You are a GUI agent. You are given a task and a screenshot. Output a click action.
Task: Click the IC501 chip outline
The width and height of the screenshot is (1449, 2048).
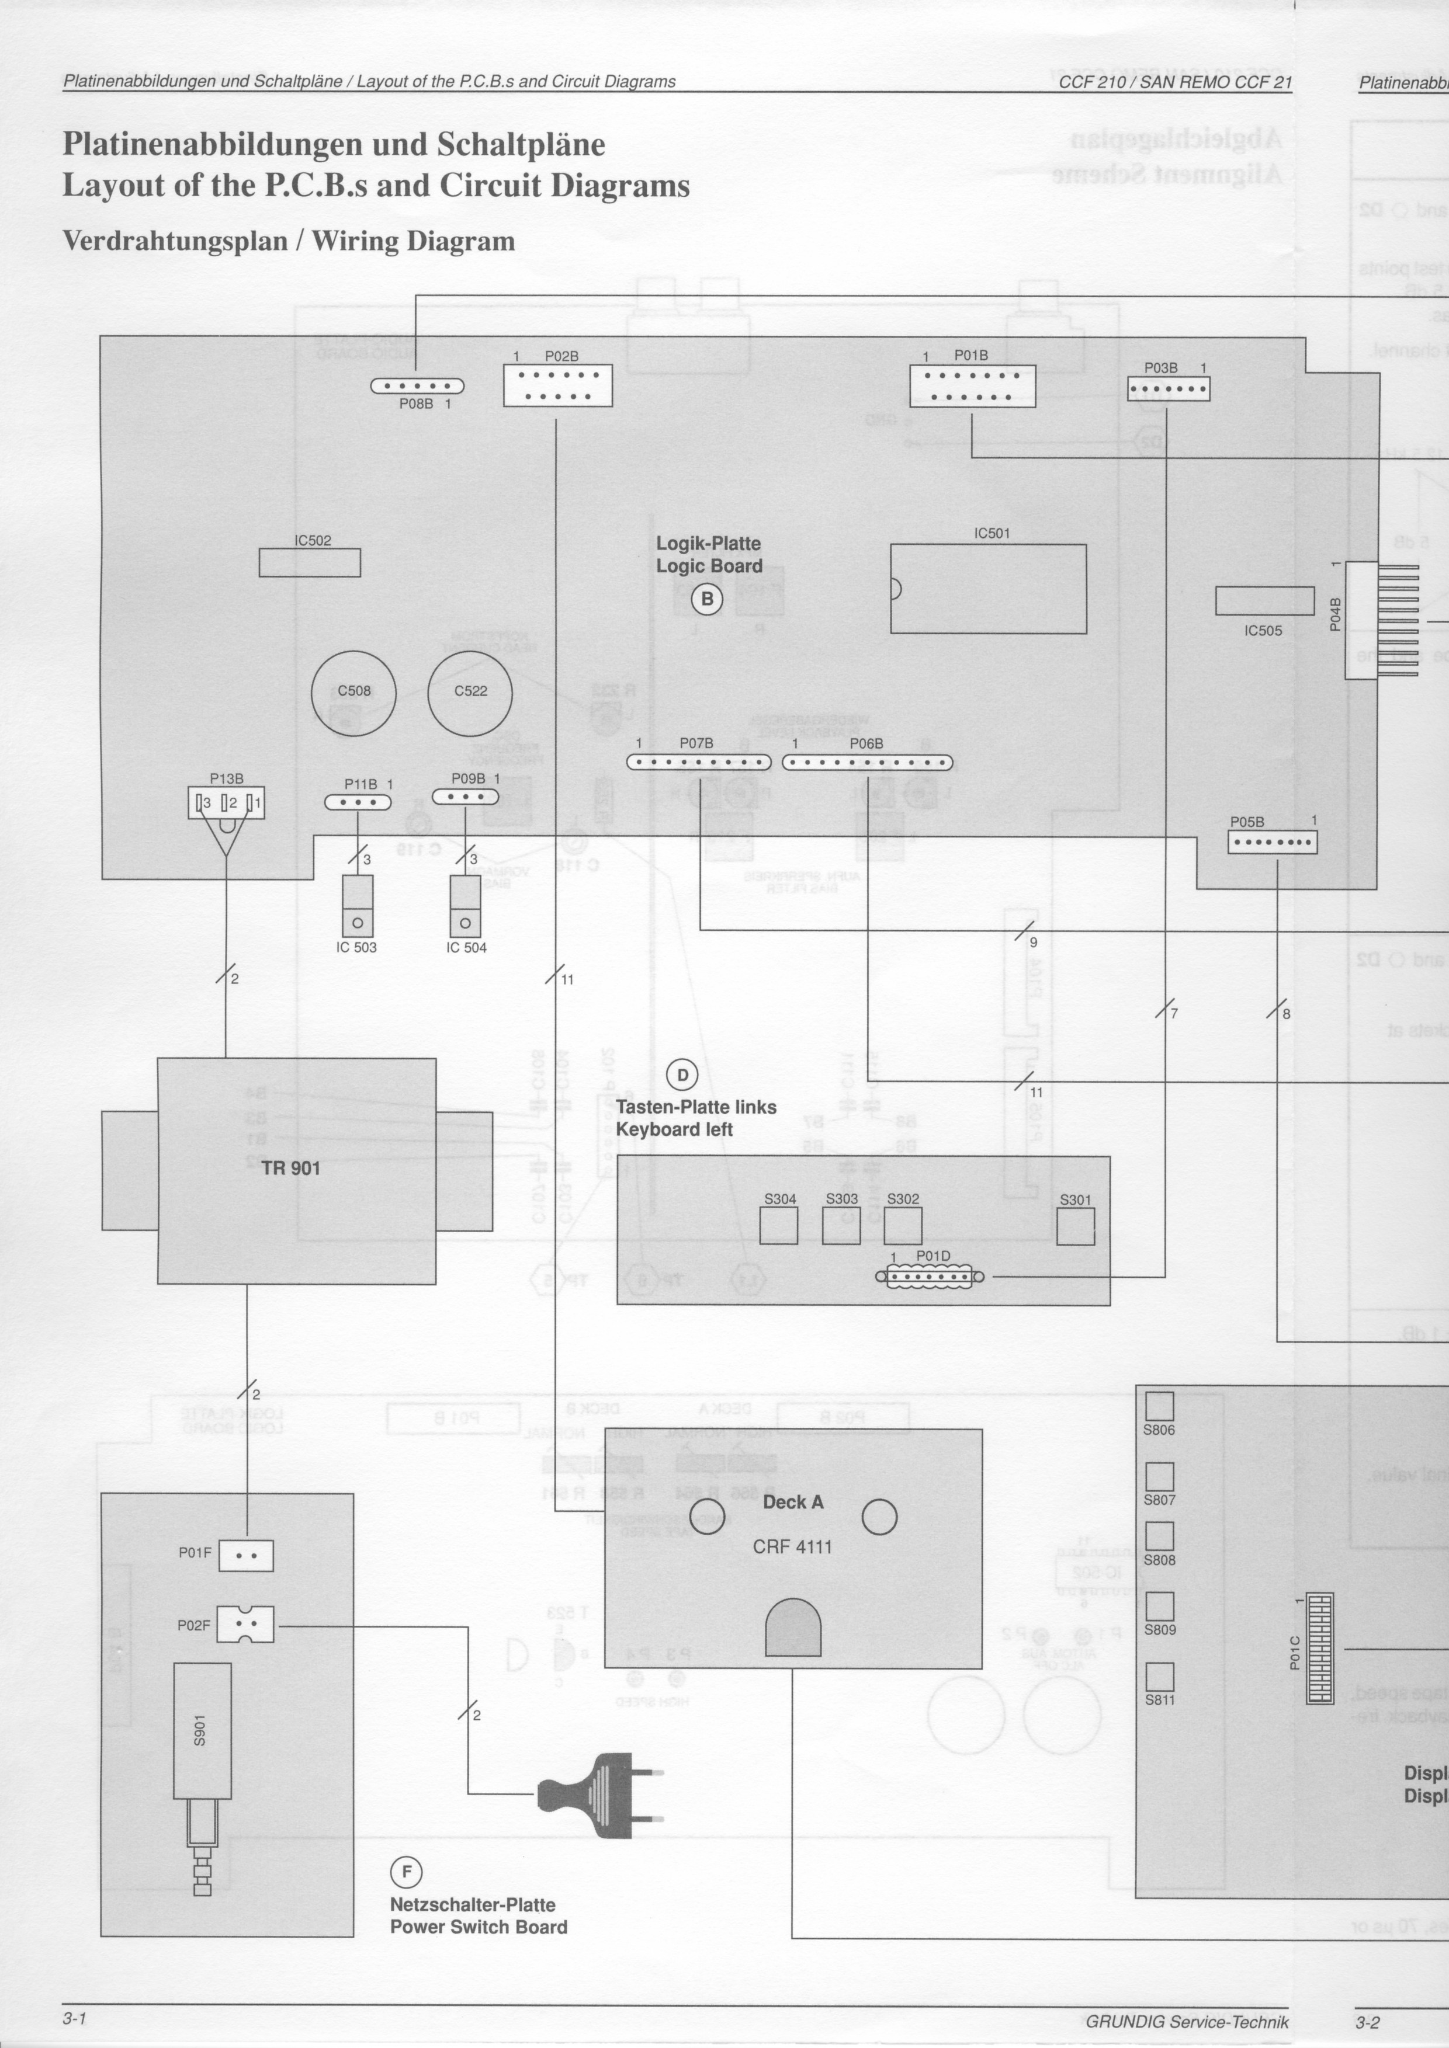pyautogui.click(x=987, y=589)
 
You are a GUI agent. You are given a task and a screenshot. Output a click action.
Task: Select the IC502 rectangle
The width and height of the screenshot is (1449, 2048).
pyautogui.click(x=310, y=563)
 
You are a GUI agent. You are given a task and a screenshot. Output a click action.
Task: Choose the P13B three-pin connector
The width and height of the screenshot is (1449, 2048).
pyautogui.click(x=227, y=803)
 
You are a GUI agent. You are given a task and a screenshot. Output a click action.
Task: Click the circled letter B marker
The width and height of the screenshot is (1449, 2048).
pyautogui.click(x=708, y=599)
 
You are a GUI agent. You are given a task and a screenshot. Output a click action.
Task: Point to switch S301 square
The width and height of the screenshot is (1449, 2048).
pyautogui.click(x=1075, y=1226)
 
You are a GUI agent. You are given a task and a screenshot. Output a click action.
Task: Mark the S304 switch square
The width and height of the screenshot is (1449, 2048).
pyautogui.click(x=779, y=1226)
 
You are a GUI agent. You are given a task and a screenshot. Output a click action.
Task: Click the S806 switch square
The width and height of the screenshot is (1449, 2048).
pyautogui.click(x=1159, y=1407)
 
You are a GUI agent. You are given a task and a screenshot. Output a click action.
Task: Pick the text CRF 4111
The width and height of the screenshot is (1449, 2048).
pyautogui.click(x=792, y=1547)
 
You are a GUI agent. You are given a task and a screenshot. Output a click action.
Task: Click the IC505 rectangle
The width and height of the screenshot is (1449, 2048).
pyautogui.click(x=1264, y=601)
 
